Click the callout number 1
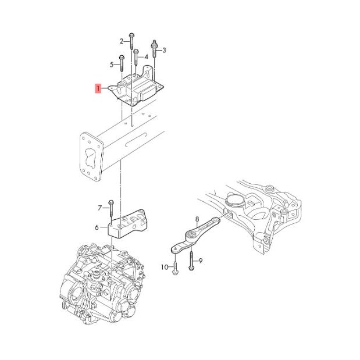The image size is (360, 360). [x=99, y=89]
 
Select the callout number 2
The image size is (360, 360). [x=122, y=41]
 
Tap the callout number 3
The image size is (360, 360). [x=164, y=51]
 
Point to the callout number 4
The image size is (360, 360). [x=145, y=57]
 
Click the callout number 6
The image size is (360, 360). [x=97, y=228]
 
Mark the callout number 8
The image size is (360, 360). [x=197, y=219]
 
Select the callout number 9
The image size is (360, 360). [x=200, y=261]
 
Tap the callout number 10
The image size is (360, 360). [x=164, y=267]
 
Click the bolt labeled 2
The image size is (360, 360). [x=132, y=42]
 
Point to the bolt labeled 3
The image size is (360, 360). [x=155, y=50]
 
